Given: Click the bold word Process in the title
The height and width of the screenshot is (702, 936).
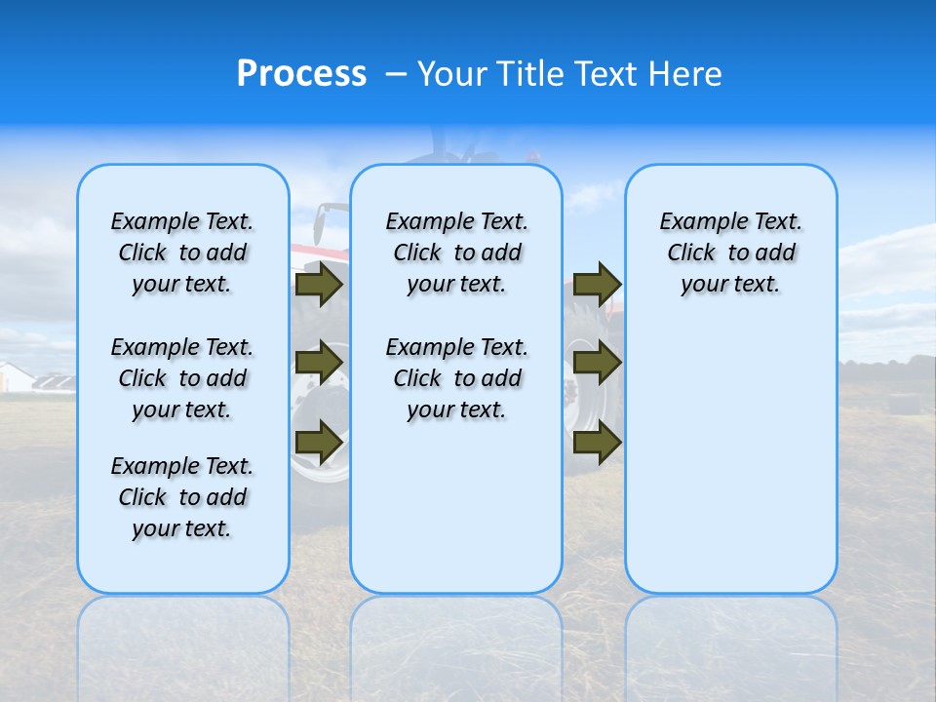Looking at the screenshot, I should [301, 74].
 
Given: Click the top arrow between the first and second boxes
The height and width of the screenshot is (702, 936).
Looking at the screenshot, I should [319, 285].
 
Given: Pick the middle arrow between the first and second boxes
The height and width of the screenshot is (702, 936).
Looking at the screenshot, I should [319, 364].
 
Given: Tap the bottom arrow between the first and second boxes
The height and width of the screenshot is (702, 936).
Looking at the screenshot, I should [319, 442].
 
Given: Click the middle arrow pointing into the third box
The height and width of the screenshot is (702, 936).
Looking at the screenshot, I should [597, 364].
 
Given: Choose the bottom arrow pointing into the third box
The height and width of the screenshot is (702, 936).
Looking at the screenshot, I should [597, 442].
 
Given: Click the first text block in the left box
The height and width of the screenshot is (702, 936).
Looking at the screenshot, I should [182, 253].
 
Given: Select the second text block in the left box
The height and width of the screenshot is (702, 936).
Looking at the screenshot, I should [182, 378].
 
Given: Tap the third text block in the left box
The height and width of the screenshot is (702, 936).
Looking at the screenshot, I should [182, 497].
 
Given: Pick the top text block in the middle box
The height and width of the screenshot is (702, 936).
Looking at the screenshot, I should [456, 253].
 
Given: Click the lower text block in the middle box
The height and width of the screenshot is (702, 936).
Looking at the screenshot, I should [456, 378].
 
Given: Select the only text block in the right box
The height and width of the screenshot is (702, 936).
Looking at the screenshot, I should [730, 253].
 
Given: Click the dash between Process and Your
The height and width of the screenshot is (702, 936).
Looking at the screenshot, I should [396, 75].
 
